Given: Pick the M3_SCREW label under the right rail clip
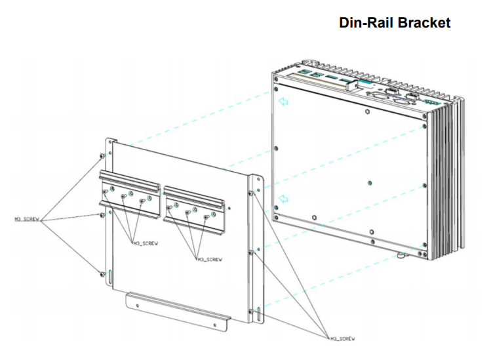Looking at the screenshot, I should point(209,259).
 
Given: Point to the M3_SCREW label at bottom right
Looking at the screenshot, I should point(341,338).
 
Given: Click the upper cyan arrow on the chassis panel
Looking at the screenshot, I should point(284,102).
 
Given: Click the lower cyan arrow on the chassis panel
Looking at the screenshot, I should point(283,199).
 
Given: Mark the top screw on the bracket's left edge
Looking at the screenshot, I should point(100,155).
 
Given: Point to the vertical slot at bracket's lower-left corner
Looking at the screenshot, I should point(111,277).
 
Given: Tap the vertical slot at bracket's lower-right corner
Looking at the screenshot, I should point(259,313).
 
